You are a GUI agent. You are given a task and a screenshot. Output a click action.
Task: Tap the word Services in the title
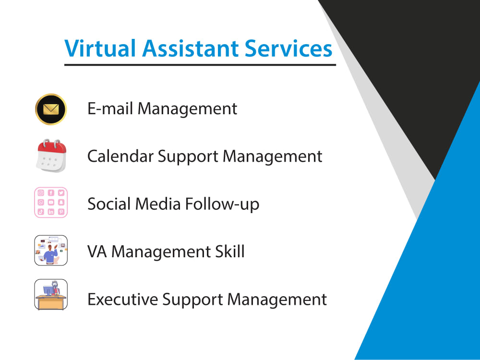[288, 49]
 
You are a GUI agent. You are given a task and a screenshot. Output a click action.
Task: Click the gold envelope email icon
[51, 109]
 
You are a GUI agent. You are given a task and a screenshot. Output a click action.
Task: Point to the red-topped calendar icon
[51, 156]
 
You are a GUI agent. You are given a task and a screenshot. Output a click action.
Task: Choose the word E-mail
[110, 109]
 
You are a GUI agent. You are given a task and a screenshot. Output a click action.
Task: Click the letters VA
[97, 252]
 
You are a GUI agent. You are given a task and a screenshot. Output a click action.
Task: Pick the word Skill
[230, 252]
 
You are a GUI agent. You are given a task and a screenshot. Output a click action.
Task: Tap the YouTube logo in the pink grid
[51, 203]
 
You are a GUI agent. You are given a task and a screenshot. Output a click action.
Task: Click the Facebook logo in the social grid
[51, 193]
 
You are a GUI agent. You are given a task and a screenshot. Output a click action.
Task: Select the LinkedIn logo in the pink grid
[51, 212]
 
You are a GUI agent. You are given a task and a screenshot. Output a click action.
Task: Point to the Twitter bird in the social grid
[61, 193]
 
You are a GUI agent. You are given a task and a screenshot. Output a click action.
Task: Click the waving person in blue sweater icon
[51, 251]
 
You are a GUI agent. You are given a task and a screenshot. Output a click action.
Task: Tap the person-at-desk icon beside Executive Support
[51, 295]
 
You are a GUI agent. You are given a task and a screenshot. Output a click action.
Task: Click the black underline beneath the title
[200, 64]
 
